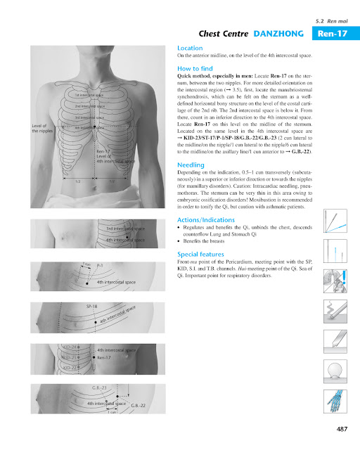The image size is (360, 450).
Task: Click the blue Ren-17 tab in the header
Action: pyautogui.click(x=333, y=33)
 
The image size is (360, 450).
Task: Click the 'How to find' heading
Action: pyautogui.click(x=195, y=68)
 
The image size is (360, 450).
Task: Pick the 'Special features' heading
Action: pyautogui.click(x=203, y=253)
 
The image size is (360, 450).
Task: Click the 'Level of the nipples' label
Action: pyautogui.click(x=42, y=128)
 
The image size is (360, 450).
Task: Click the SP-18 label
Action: pyautogui.click(x=91, y=307)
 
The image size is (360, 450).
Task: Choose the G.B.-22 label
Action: pyautogui.click(x=138, y=406)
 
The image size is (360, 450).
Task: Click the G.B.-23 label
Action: pyautogui.click(x=99, y=387)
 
